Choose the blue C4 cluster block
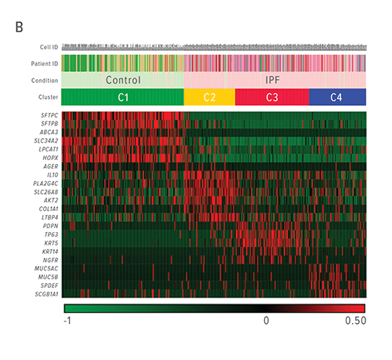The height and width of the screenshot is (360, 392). point(336,97)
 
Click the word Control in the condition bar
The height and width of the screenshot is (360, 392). point(122,80)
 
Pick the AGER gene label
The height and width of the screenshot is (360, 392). point(48,166)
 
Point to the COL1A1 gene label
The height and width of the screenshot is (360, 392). point(45,208)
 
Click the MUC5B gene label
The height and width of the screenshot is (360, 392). point(45,275)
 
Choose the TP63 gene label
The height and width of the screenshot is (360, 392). point(48,234)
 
